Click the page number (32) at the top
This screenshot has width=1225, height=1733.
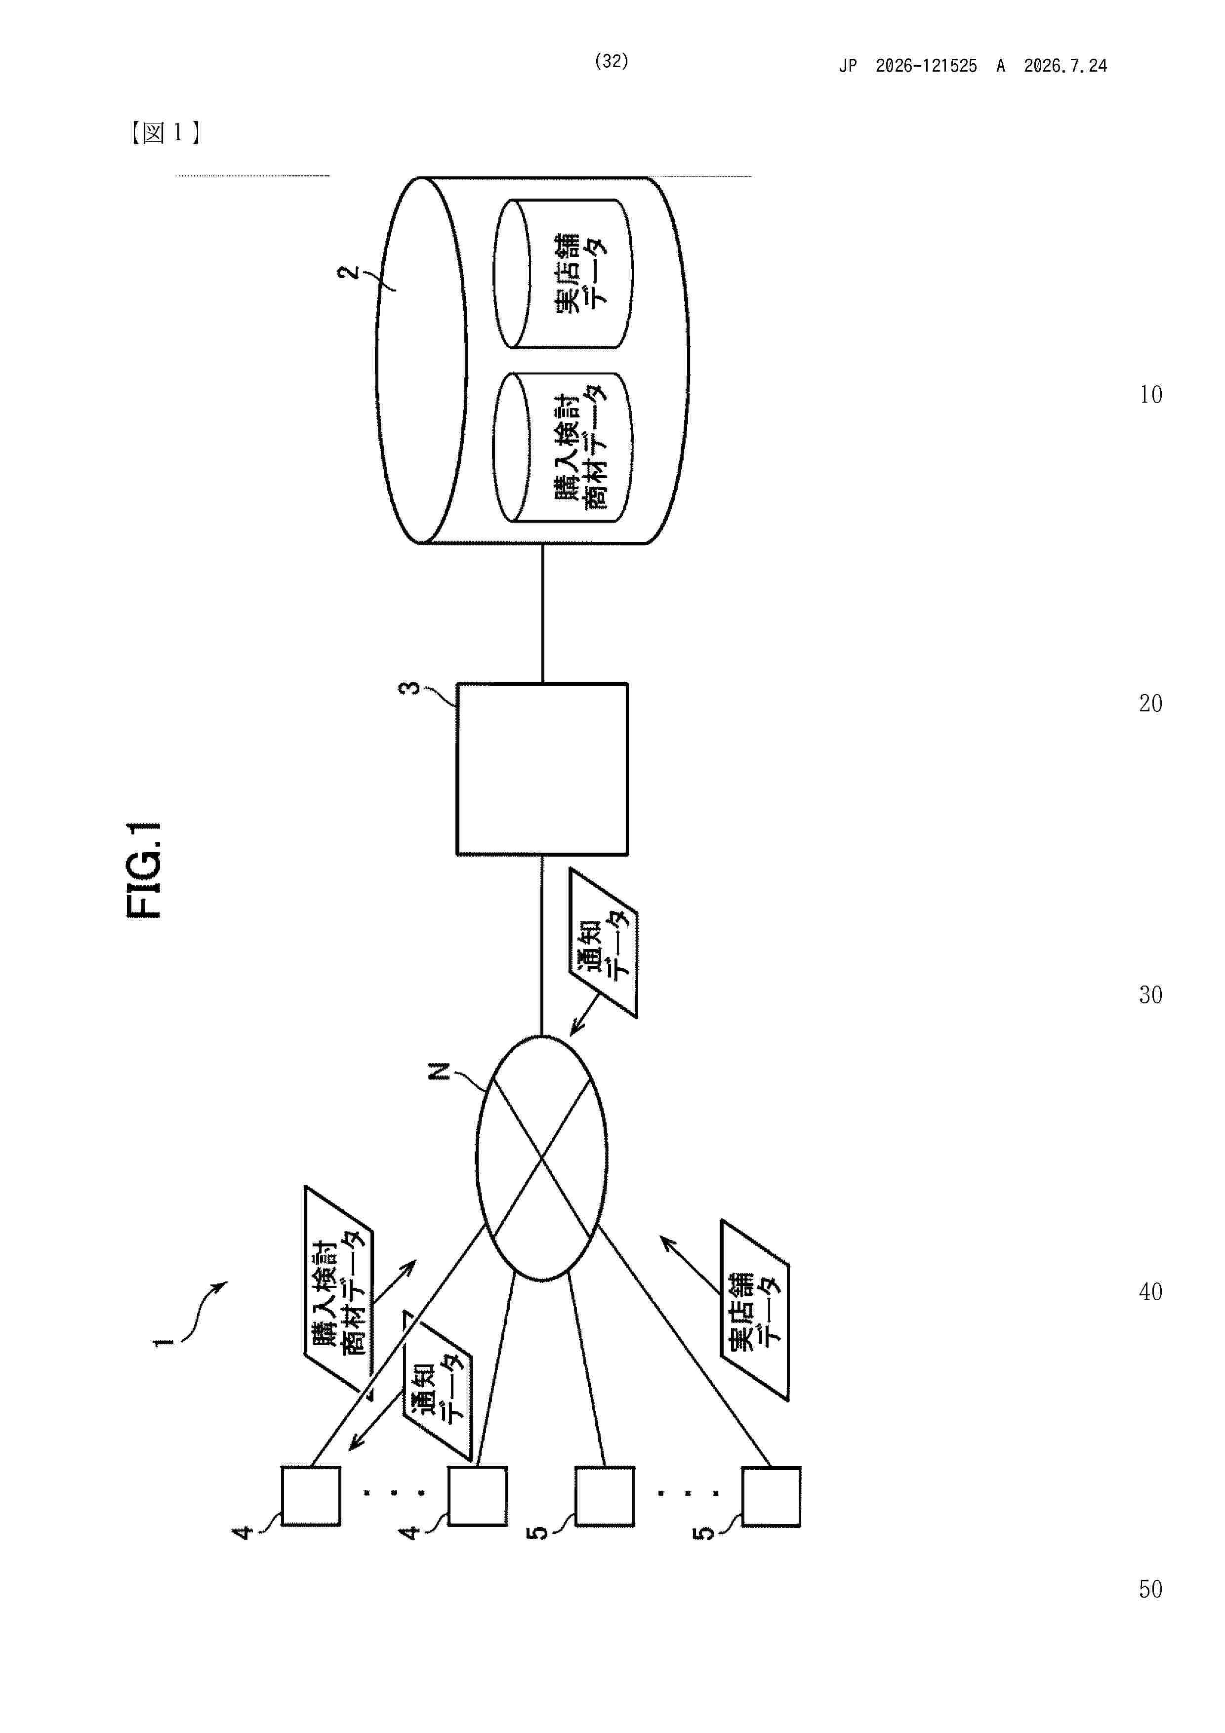612,61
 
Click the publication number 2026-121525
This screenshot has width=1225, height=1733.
926,66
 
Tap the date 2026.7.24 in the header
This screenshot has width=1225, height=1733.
1065,66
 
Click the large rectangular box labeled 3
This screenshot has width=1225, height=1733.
542,769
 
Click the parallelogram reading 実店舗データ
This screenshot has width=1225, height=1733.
755,1310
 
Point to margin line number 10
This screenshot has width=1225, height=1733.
1151,395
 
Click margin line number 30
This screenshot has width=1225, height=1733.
1151,995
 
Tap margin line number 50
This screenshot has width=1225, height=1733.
1151,1589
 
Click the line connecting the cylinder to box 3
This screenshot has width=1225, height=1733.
542,614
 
